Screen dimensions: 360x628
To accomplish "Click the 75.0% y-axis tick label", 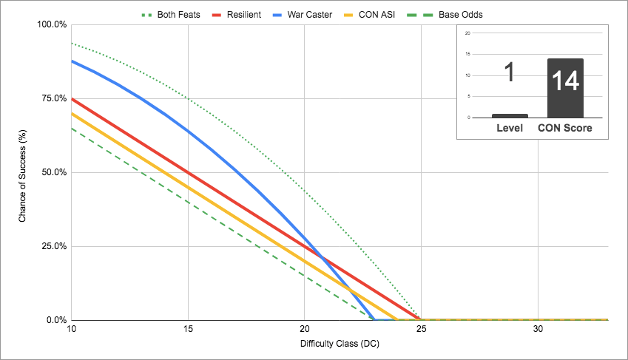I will pos(53,98).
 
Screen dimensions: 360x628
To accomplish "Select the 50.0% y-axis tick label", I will pos(53,172).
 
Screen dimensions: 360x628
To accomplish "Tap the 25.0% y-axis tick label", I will pos(53,246).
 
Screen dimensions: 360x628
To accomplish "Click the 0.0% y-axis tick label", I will pos(55,320).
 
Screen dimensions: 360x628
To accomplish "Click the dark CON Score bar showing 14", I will pos(565,88).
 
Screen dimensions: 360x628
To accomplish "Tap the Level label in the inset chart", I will pos(509,128).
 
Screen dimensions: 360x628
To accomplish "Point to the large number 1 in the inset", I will pos(509,74).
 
